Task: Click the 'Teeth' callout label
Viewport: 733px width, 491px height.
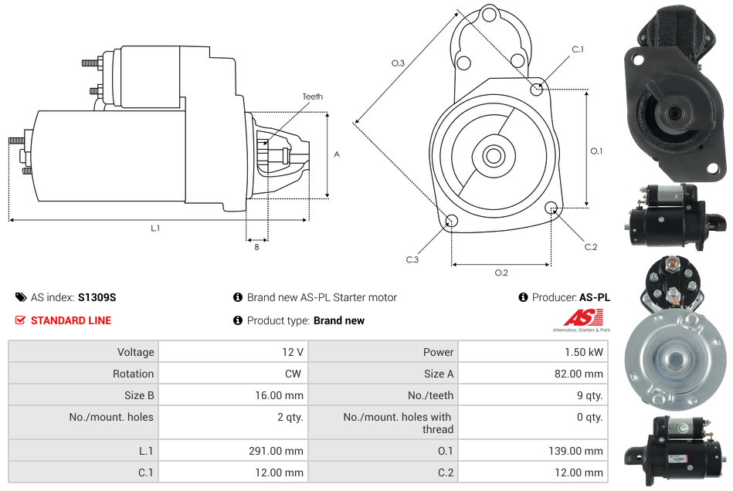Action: pyautogui.click(x=312, y=97)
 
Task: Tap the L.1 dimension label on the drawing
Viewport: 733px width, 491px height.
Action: pyautogui.click(x=155, y=228)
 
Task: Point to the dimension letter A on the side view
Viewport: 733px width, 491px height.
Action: pyautogui.click(x=337, y=154)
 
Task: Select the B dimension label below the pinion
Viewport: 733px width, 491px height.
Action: pyautogui.click(x=256, y=247)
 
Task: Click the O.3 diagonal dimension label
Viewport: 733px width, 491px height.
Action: pyautogui.click(x=398, y=63)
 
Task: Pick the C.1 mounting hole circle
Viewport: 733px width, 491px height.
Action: pyautogui.click(x=537, y=89)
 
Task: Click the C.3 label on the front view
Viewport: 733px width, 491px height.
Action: pyautogui.click(x=412, y=259)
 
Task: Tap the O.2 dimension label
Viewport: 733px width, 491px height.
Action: pyautogui.click(x=501, y=272)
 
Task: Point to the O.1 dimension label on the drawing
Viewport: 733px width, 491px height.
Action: pyautogui.click(x=596, y=151)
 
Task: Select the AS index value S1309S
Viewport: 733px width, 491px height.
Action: pyautogui.click(x=97, y=297)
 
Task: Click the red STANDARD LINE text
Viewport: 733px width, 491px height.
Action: pyautogui.click(x=71, y=320)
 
